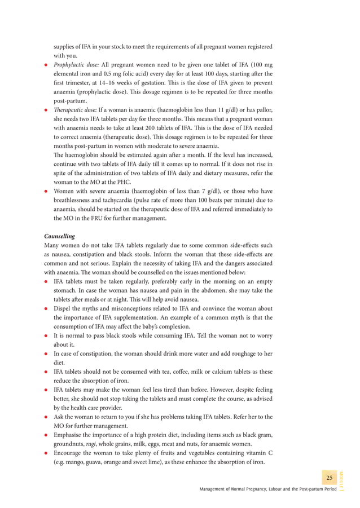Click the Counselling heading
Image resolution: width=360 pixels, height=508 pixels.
(x=60, y=236)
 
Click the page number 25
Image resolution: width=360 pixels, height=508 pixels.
(x=330, y=478)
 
